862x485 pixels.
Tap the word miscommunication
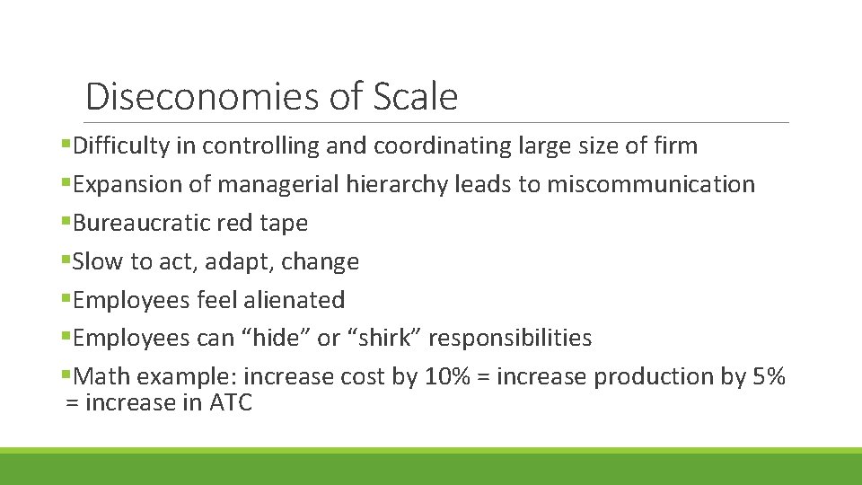(x=651, y=184)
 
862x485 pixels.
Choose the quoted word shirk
(x=383, y=338)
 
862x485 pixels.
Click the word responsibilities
(x=510, y=339)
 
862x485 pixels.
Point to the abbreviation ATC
(x=231, y=402)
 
